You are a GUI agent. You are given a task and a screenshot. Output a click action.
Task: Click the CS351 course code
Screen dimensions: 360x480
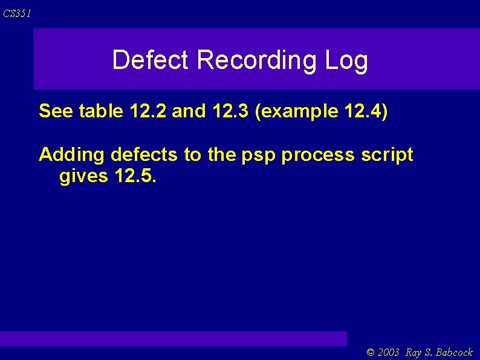[17, 13]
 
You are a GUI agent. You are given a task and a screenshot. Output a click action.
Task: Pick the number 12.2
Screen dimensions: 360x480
[148, 111]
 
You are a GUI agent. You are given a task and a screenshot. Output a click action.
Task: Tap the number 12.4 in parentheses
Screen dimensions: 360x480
[366, 111]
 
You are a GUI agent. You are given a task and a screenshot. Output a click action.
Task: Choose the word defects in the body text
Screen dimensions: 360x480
[144, 155]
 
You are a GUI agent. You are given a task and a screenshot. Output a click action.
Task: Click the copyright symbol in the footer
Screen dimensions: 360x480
[371, 352]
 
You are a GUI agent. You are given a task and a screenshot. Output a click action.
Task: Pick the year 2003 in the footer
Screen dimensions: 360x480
[388, 352]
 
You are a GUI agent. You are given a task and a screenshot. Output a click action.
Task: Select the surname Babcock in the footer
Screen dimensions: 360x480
[454, 352]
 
